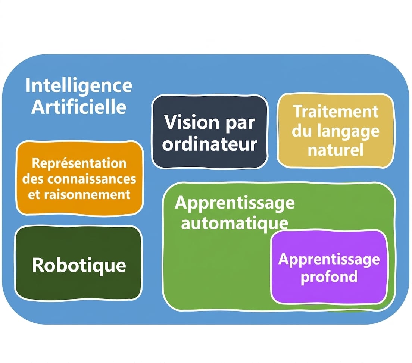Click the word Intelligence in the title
click(79, 86)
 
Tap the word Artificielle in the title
click(79, 107)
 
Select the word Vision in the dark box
click(191, 122)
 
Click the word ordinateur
click(210, 144)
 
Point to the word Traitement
click(336, 112)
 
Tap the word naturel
click(335, 150)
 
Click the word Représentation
click(79, 164)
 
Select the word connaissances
click(91, 179)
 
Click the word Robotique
click(79, 265)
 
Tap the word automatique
click(235, 224)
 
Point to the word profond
click(329, 276)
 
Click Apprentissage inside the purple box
click(329, 260)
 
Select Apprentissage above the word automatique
click(235, 203)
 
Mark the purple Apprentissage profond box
click(329, 267)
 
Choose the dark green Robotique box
click(79, 263)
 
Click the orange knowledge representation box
click(79, 178)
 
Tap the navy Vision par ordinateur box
click(210, 131)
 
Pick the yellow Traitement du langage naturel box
click(336, 131)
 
